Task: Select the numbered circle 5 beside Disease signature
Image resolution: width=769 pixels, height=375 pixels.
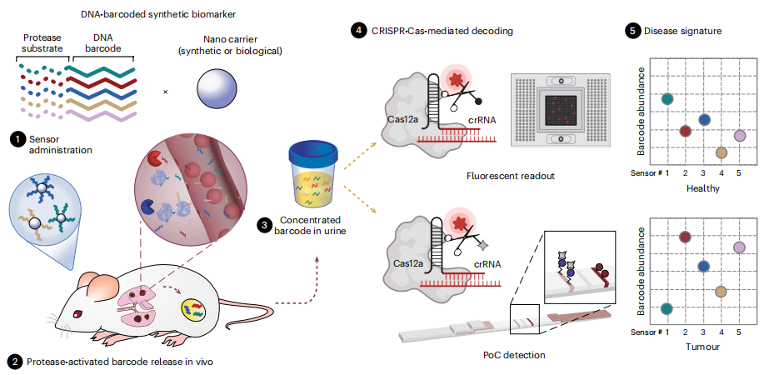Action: [632, 31]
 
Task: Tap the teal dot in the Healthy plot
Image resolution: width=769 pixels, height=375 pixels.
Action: [667, 99]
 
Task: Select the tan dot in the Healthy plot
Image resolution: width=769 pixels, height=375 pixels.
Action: [722, 152]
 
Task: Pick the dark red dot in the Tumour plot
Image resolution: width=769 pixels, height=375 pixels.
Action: [686, 237]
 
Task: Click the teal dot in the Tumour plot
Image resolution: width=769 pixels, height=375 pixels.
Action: [667, 309]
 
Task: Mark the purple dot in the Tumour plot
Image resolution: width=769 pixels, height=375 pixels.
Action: [739, 247]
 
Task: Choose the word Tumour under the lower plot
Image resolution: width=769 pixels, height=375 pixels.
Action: [699, 345]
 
